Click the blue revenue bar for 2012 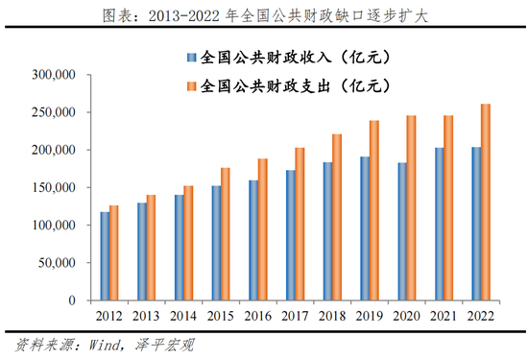coord(105,256)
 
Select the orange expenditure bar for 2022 coord(486,203)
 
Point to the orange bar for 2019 coord(374,210)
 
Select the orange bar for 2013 coord(152,248)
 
